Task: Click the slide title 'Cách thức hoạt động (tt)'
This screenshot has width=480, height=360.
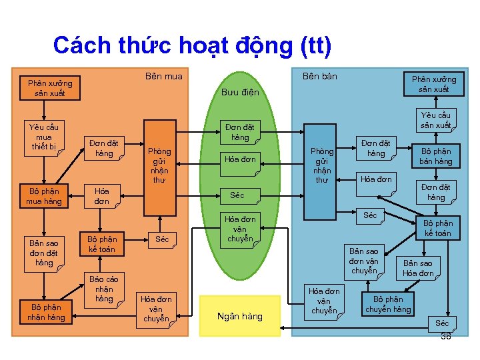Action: pos(191,45)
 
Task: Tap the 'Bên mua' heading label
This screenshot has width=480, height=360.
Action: pos(163,77)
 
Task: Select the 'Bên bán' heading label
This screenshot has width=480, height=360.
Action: pos(319,77)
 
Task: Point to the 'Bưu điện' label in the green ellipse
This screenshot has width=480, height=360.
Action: pos(240,92)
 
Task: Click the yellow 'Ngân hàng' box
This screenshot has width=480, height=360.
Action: pos(240,316)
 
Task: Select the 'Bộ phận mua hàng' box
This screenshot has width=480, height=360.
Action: pos(44,196)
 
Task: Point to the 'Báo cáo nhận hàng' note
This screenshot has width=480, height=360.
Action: pos(104,289)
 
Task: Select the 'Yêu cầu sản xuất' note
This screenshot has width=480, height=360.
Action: pos(435,120)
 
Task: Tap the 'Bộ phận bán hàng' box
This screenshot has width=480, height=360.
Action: pos(435,157)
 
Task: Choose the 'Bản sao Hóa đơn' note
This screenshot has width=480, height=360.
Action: pos(418,268)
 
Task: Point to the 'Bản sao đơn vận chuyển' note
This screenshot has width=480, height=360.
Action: pos(364,261)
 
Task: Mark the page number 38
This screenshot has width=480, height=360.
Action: pos(445,337)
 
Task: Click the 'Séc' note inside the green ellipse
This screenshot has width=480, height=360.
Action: pos(237,195)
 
